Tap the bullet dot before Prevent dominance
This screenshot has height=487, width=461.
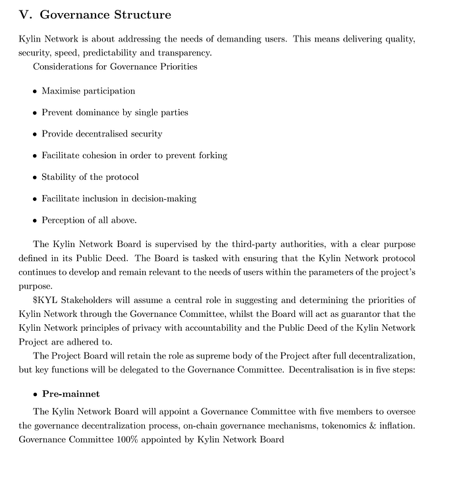(35, 113)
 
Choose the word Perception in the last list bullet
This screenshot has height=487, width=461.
(65, 220)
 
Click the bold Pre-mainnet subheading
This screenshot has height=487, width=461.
(70, 394)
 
